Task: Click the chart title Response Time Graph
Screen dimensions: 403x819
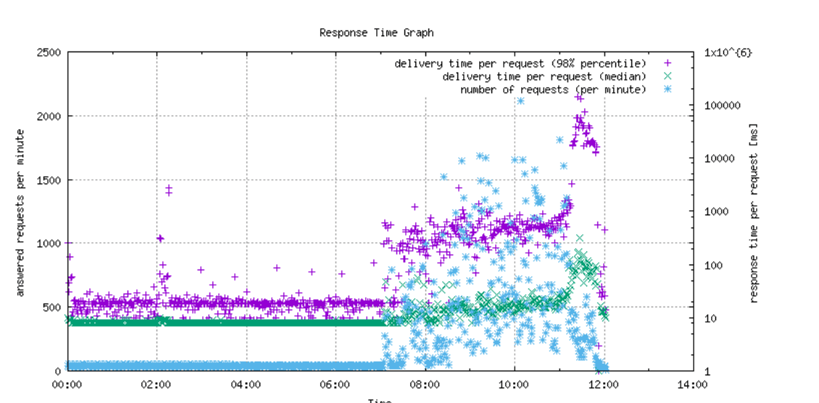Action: (x=376, y=33)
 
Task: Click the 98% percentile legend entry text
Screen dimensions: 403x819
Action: (x=520, y=64)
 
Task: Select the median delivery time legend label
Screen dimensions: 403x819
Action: (x=544, y=77)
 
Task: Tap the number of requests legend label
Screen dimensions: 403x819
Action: (x=552, y=90)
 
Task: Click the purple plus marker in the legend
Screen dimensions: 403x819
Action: (x=668, y=64)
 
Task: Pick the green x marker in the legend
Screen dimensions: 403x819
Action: (x=668, y=76)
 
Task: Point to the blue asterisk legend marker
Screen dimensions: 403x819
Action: (x=668, y=89)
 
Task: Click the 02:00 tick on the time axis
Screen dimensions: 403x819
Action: (x=157, y=385)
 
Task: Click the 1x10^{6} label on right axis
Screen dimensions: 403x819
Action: (x=728, y=53)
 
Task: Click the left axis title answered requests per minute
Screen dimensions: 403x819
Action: (x=20, y=212)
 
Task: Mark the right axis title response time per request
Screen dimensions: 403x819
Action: (x=754, y=212)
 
